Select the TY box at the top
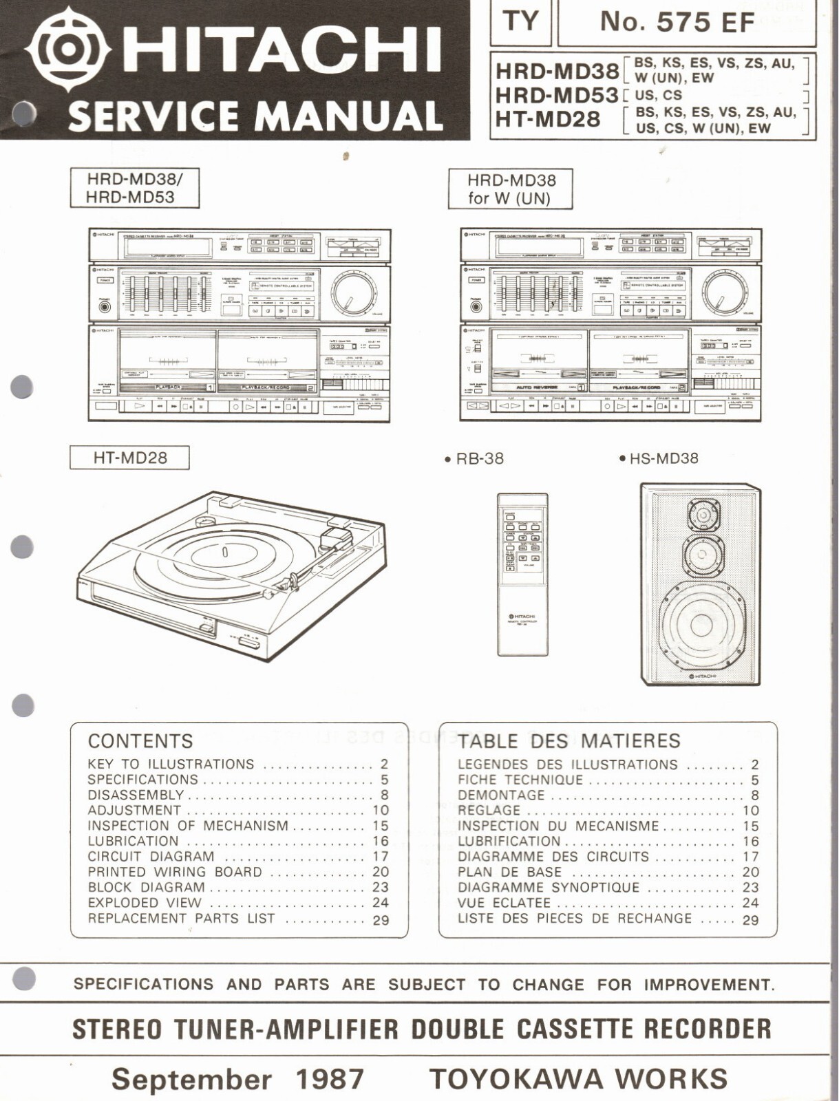pyautogui.click(x=520, y=22)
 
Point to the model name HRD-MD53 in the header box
pyautogui.click(x=556, y=95)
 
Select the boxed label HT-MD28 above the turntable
pyautogui.click(x=129, y=458)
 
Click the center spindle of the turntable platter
pyautogui.click(x=225, y=552)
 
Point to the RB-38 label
pyautogui.click(x=479, y=458)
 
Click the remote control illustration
pyautogui.click(x=523, y=574)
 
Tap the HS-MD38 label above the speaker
pyautogui.click(x=663, y=458)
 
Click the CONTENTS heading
pyautogui.click(x=140, y=741)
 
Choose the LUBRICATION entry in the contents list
pyautogui.click(x=133, y=841)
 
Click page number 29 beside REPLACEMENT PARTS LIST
pyautogui.click(x=381, y=920)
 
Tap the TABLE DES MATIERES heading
pyautogui.click(x=569, y=741)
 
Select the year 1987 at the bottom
pyautogui.click(x=330, y=1078)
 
